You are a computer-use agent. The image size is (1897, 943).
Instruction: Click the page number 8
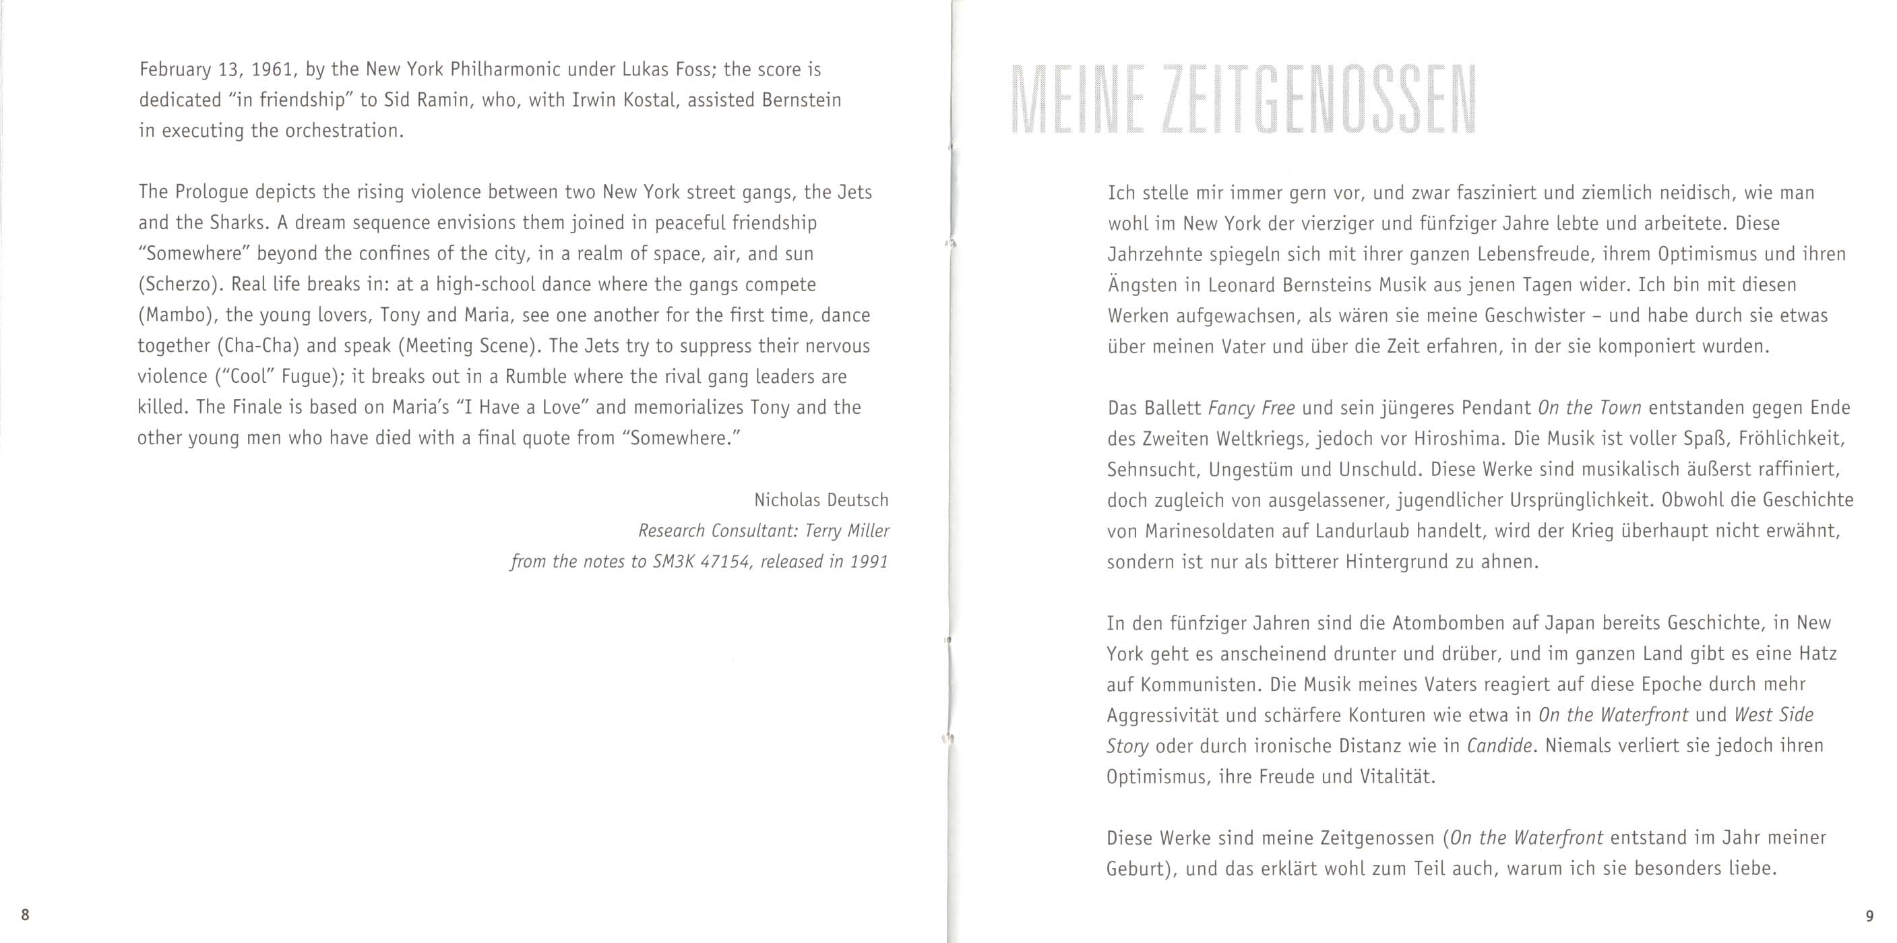[x=25, y=915]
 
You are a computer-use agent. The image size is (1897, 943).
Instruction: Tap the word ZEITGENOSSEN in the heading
[x=1317, y=101]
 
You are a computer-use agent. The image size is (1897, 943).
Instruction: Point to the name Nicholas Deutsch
[x=821, y=500]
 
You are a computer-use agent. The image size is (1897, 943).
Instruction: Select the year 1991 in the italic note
[x=869, y=561]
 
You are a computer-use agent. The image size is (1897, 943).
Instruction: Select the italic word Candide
[x=1500, y=746]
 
